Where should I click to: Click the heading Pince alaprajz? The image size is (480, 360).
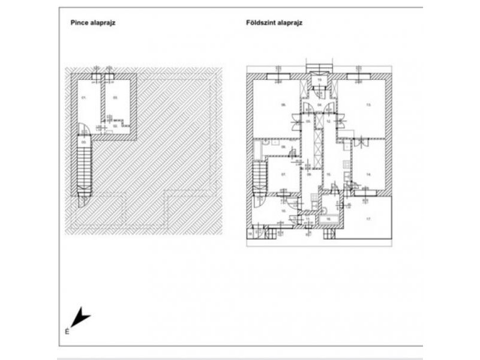point(93,24)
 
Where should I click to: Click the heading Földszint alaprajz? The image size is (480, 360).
point(274,24)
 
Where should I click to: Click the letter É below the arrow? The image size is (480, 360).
point(67,331)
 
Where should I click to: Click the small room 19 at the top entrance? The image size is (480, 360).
point(320,80)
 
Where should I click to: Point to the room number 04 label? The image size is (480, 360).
point(319,104)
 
